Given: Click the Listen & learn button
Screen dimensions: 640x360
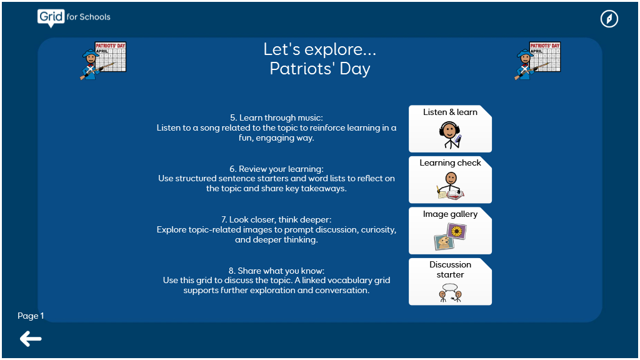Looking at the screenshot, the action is pyautogui.click(x=450, y=129).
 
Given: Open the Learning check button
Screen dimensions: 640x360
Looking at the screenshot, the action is pyautogui.click(x=450, y=179).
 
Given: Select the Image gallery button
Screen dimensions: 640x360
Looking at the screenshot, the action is pyautogui.click(x=450, y=231).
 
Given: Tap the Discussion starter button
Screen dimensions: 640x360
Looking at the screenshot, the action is pyautogui.click(x=450, y=282).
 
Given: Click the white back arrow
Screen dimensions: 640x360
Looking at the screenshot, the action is pyautogui.click(x=31, y=339).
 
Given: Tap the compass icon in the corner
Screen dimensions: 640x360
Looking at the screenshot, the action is pyautogui.click(x=609, y=19).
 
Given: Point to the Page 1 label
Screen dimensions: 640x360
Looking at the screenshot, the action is pyautogui.click(x=31, y=316).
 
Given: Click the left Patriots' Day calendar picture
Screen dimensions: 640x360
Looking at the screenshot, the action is pyautogui.click(x=103, y=61).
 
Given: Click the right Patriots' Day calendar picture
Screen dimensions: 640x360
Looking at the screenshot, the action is pyautogui.click(x=537, y=61).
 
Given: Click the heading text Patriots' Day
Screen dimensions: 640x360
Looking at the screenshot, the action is pyautogui.click(x=319, y=69).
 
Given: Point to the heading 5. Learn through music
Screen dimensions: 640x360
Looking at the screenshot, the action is pyautogui.click(x=276, y=117).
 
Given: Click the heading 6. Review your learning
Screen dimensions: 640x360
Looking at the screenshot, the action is pyautogui.click(x=276, y=169).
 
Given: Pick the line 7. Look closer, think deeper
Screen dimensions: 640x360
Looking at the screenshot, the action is pyautogui.click(x=276, y=219).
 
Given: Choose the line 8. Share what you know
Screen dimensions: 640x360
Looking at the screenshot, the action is pyautogui.click(x=276, y=271).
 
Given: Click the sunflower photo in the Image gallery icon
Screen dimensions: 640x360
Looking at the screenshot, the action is pyautogui.click(x=457, y=231).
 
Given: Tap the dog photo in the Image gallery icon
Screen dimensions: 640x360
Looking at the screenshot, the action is pyautogui.click(x=444, y=242).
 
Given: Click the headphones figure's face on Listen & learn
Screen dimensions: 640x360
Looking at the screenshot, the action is pyautogui.click(x=449, y=131).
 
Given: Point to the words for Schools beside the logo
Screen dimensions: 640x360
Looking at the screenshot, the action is pyautogui.click(x=89, y=17).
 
